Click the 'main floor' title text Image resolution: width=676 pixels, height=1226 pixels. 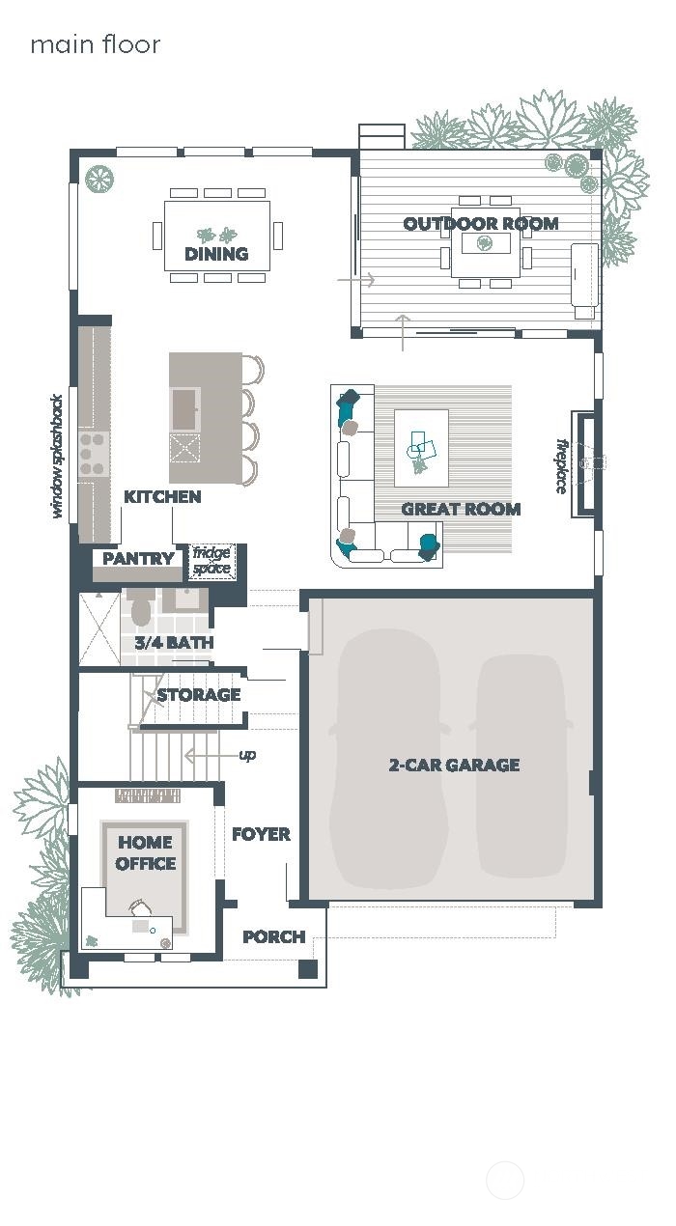(x=95, y=44)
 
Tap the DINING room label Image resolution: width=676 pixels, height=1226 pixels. (x=216, y=254)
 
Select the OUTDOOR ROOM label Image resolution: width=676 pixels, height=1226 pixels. (x=480, y=223)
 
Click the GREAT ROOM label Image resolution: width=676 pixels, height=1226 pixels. (x=461, y=509)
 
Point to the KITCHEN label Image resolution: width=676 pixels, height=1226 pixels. (x=162, y=496)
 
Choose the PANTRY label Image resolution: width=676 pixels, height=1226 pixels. (x=138, y=558)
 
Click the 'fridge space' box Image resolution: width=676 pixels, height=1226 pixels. (x=211, y=561)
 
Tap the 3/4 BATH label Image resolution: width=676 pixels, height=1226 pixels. (x=174, y=642)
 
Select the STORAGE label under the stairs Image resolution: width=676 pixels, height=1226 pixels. (x=198, y=694)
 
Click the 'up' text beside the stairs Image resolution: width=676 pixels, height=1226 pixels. (x=247, y=755)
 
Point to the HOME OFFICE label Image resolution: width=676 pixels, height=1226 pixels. (x=146, y=853)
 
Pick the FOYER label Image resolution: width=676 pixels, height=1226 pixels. (x=261, y=834)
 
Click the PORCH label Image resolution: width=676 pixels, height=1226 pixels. (x=273, y=936)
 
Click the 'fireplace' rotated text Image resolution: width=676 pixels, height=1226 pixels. (x=561, y=466)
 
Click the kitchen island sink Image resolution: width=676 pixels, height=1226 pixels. (x=183, y=408)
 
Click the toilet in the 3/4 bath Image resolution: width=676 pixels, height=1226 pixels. (x=141, y=609)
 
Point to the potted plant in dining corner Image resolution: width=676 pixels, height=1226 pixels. (x=98, y=179)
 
